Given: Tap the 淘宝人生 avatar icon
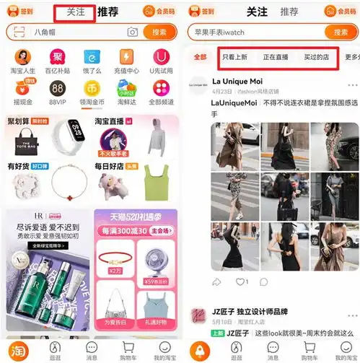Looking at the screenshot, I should pyautogui.click(x=22, y=57).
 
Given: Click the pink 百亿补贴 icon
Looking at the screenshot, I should pyautogui.click(x=57, y=57).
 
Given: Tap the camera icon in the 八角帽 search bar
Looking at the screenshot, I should pyautogui.click(x=132, y=32).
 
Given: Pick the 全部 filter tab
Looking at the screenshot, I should pyautogui.click(x=200, y=57).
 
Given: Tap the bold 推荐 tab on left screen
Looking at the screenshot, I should pyautogui.click(x=108, y=12).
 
